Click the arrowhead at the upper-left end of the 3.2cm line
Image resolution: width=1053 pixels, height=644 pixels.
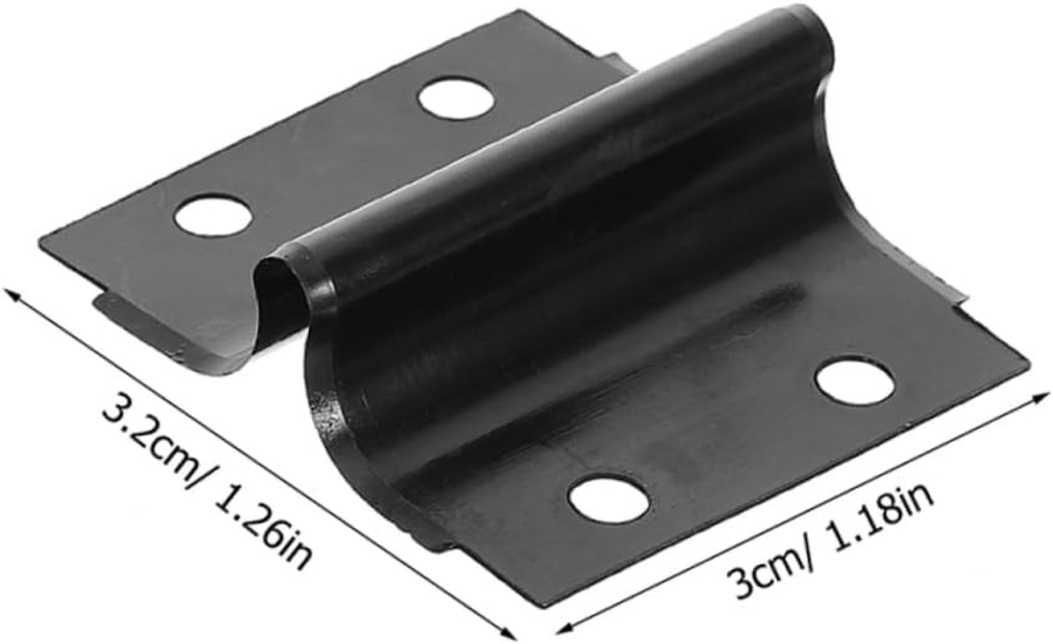[x=11, y=295]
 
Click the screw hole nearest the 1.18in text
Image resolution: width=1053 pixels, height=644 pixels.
[x=609, y=500]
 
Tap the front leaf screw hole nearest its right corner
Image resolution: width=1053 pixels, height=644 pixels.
[x=855, y=382]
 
